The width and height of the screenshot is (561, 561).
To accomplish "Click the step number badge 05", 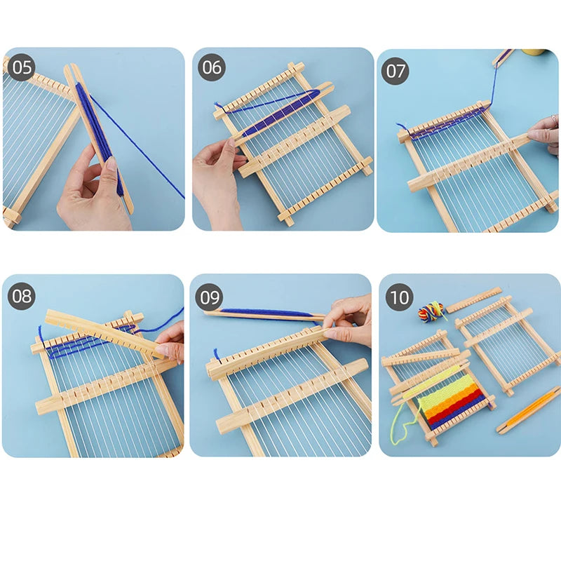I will tap(22, 67).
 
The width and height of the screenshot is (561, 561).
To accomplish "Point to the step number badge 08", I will tap(22, 296).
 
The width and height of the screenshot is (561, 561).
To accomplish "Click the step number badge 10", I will tap(398, 297).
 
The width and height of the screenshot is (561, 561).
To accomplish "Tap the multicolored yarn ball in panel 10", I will tap(431, 310).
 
